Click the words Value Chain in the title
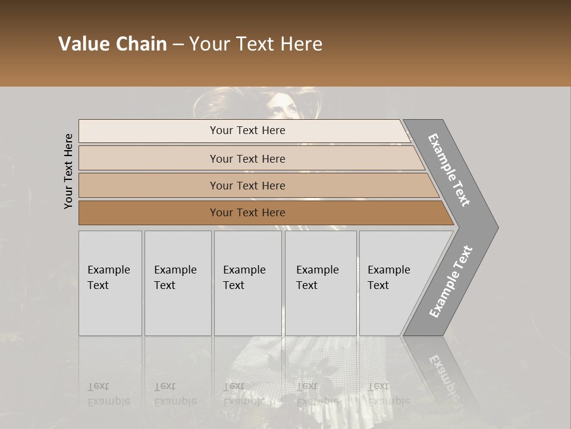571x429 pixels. (x=112, y=44)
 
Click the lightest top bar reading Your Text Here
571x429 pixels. (x=247, y=130)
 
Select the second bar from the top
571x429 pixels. (x=247, y=158)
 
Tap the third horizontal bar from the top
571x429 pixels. (x=247, y=185)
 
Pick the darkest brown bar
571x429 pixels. (x=247, y=213)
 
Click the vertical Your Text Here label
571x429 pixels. (x=68, y=172)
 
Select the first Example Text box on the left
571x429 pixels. (x=110, y=283)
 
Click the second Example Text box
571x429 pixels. (x=177, y=283)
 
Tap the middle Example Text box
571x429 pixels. (x=247, y=283)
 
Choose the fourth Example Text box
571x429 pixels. (x=320, y=283)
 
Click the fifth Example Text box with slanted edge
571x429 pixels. (x=393, y=283)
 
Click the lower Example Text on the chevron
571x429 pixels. (x=451, y=282)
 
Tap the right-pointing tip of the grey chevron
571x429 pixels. (x=494, y=227)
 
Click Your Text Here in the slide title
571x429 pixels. (x=256, y=44)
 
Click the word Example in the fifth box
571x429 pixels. (x=388, y=270)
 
